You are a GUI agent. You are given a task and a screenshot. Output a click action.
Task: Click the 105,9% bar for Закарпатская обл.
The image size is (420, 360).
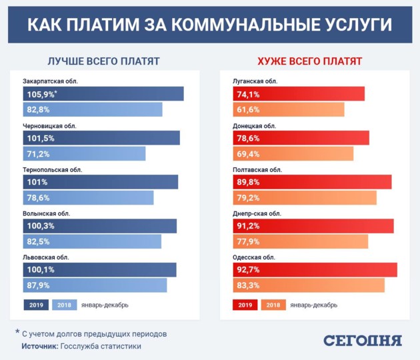coord(103,94)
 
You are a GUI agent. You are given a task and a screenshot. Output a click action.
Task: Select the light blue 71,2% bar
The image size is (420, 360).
coord(84,153)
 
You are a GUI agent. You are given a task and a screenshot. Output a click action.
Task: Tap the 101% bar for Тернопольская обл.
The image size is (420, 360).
coord(100,182)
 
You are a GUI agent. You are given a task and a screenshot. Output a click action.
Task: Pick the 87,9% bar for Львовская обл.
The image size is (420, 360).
coord(94,285)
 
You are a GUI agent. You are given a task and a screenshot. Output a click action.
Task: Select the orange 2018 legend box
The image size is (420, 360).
coord(273,305)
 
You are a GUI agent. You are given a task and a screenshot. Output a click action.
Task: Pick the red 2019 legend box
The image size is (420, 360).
coord(245,305)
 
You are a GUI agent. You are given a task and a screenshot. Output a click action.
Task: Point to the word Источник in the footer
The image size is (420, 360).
coord(39,347)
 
